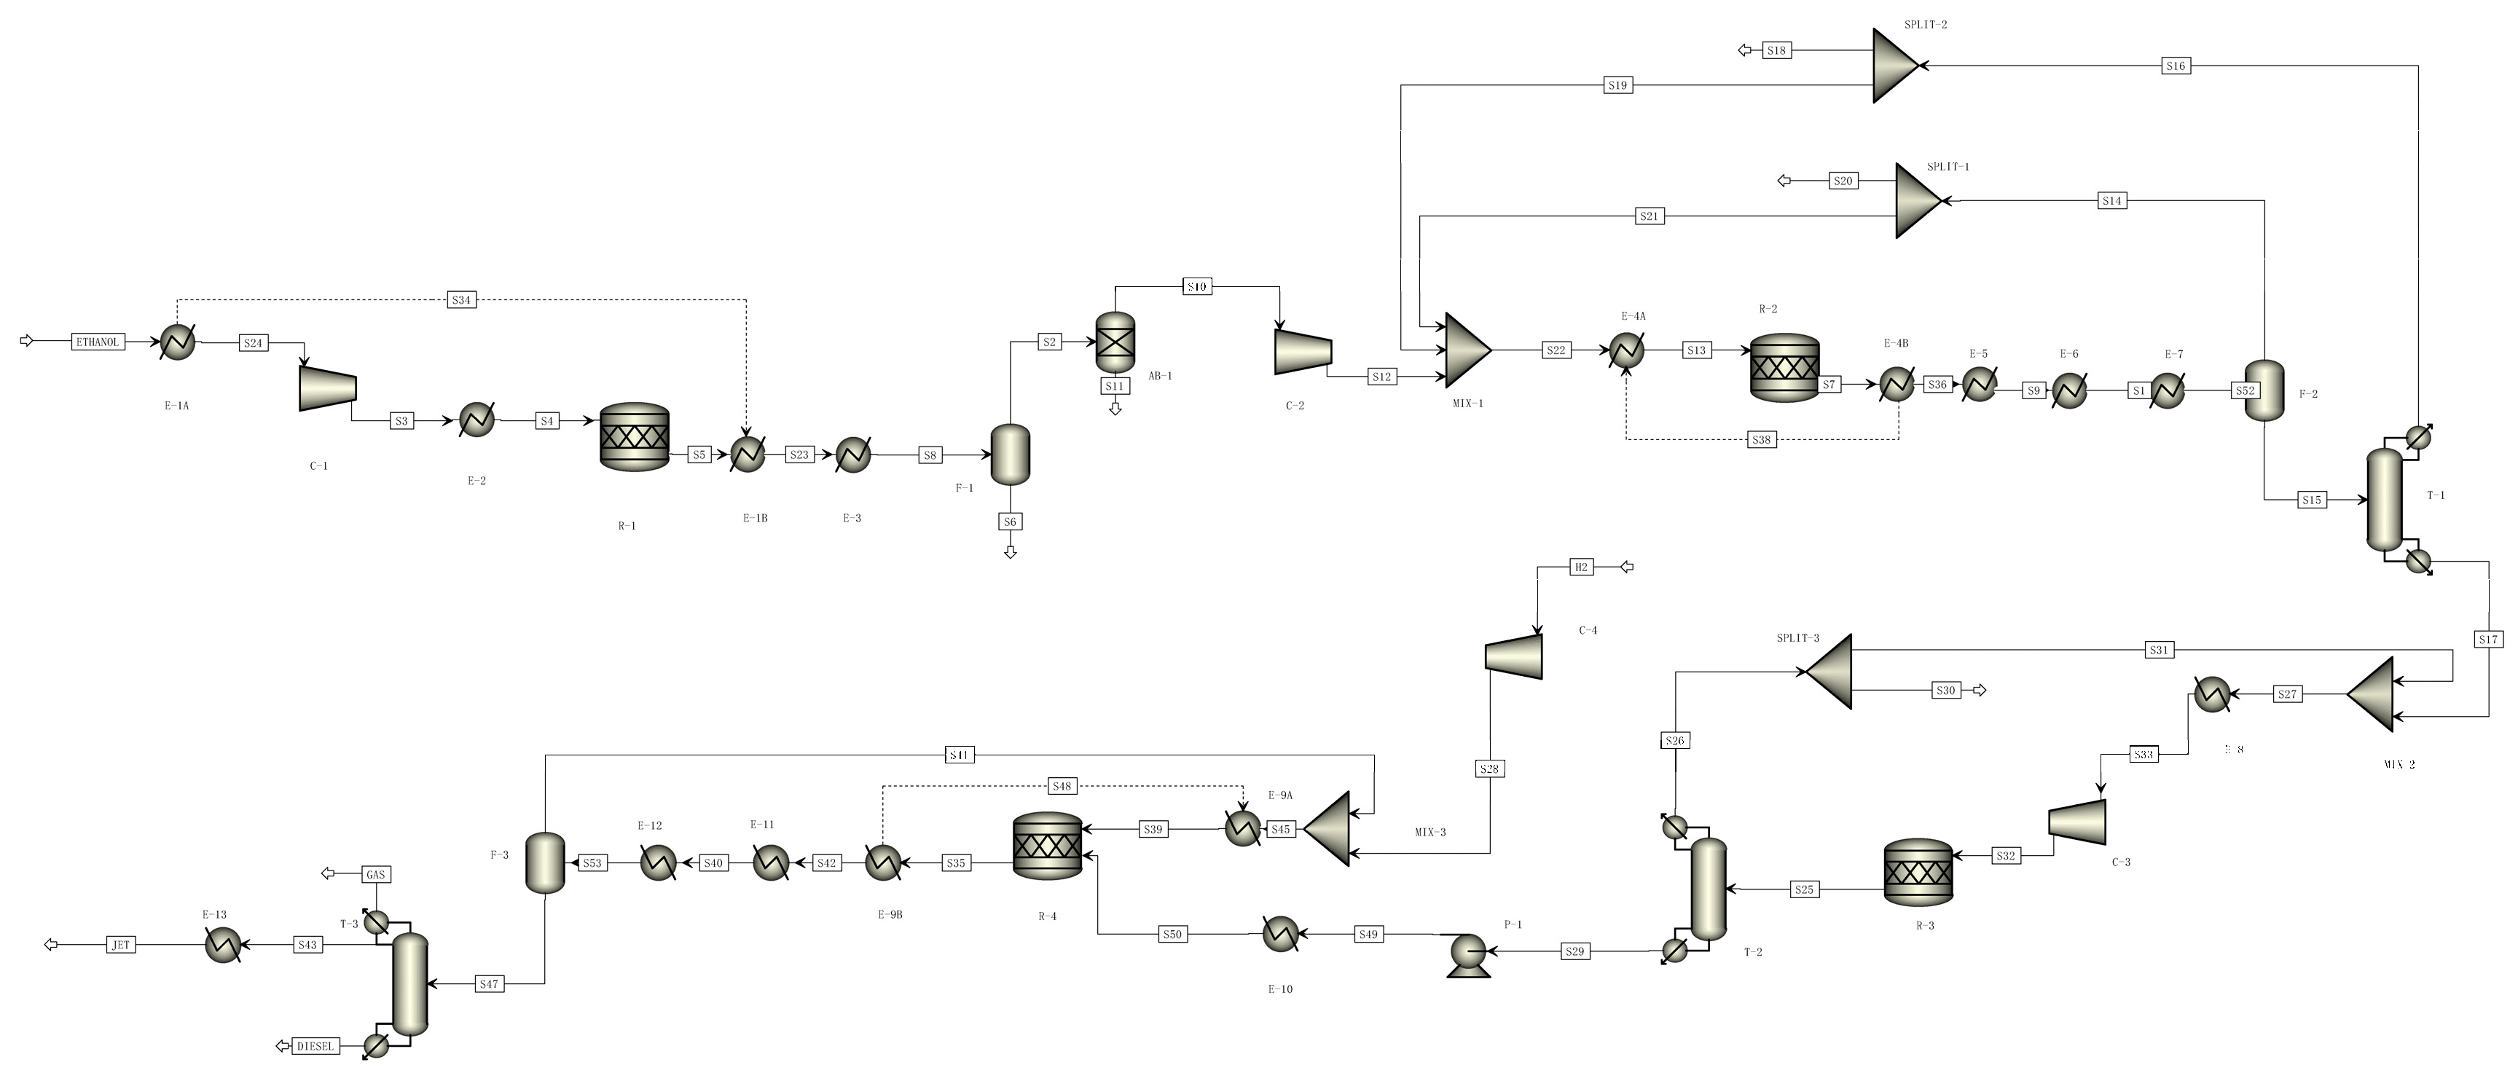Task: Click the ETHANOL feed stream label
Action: [x=98, y=342]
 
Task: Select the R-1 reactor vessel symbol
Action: [x=635, y=437]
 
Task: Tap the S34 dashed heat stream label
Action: [x=461, y=300]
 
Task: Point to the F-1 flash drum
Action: [x=1011, y=455]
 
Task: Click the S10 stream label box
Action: [x=1197, y=286]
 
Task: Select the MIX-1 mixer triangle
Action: [x=1466, y=350]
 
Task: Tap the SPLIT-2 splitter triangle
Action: [x=1894, y=66]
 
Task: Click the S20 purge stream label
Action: [x=1843, y=181]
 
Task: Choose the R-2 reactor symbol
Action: [x=1785, y=368]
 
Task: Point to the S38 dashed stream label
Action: [x=1760, y=440]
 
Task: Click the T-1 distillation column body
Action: [x=2384, y=500]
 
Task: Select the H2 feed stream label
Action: [x=1582, y=567]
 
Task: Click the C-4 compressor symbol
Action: [x=1514, y=656]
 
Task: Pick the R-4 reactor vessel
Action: [x=1048, y=846]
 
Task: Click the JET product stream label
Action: [x=120, y=945]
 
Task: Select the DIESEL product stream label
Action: [x=315, y=1046]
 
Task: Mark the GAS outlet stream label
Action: [x=375, y=875]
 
